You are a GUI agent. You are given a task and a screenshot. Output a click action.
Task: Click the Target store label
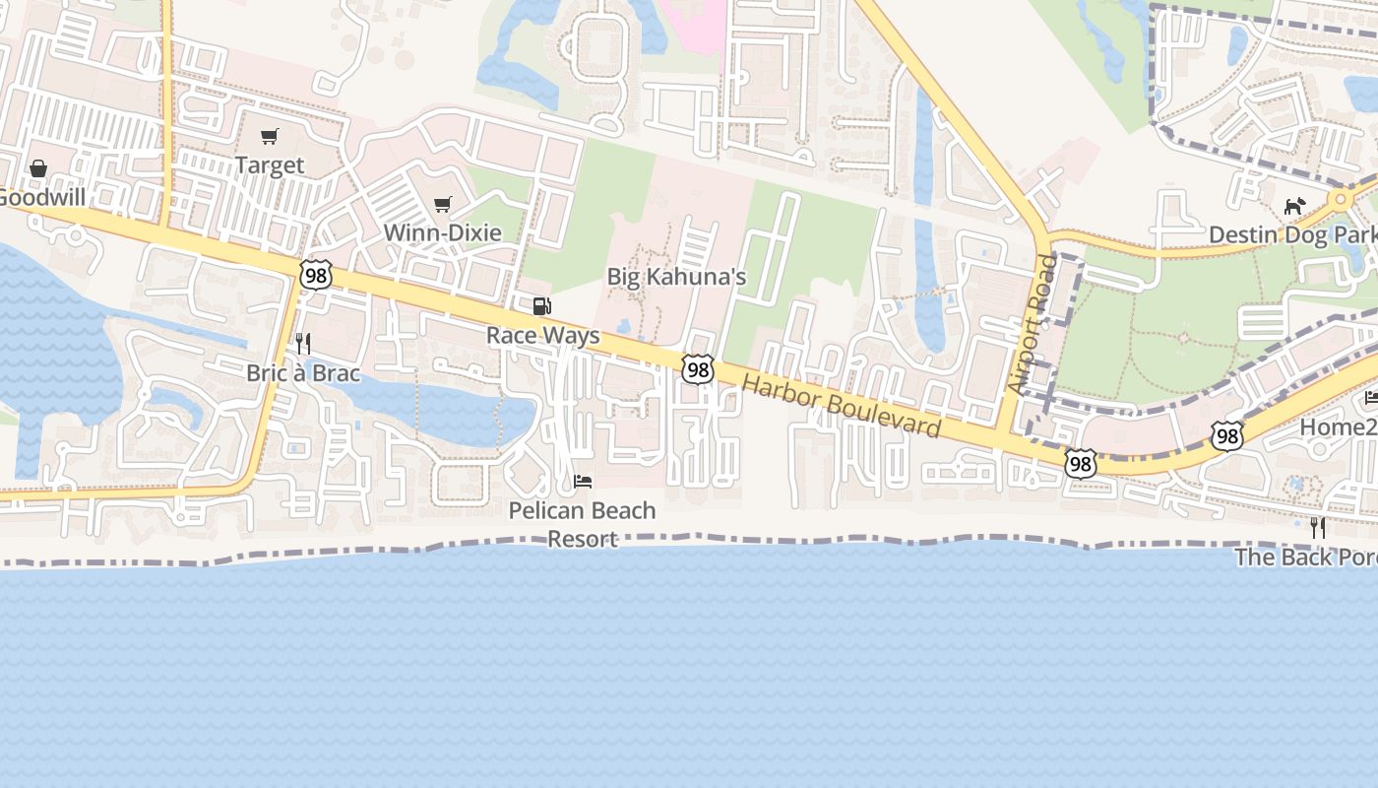point(270,165)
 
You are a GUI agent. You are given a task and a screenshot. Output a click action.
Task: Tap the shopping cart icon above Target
point(270,136)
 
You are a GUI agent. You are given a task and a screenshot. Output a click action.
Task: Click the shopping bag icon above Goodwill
point(38,168)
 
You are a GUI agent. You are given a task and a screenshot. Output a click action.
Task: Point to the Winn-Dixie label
point(442,233)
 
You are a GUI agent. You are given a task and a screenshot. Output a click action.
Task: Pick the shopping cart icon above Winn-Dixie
point(443,205)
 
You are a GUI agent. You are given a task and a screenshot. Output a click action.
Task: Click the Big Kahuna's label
point(676,277)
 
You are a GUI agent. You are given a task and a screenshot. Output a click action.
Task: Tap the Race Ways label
point(542,336)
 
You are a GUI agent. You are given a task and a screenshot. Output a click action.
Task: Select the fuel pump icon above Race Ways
point(541,306)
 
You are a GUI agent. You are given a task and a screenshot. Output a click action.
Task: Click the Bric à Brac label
point(303,374)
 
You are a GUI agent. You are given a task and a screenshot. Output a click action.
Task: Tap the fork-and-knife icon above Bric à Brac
point(303,344)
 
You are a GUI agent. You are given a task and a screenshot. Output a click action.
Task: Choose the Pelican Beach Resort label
point(582,524)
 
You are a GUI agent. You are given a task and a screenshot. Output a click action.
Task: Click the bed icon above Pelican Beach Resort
point(583,482)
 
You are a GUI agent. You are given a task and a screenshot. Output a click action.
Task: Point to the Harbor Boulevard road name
point(842,406)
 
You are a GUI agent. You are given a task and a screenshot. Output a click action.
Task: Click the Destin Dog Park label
point(1291,235)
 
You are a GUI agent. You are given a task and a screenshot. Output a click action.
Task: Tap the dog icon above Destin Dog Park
point(1294,207)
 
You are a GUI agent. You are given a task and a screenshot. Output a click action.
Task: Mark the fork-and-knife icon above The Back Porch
point(1318,528)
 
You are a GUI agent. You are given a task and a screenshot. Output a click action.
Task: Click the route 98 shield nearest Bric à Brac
point(316,275)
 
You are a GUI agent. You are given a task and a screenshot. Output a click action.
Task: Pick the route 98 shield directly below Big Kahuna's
point(698,369)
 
